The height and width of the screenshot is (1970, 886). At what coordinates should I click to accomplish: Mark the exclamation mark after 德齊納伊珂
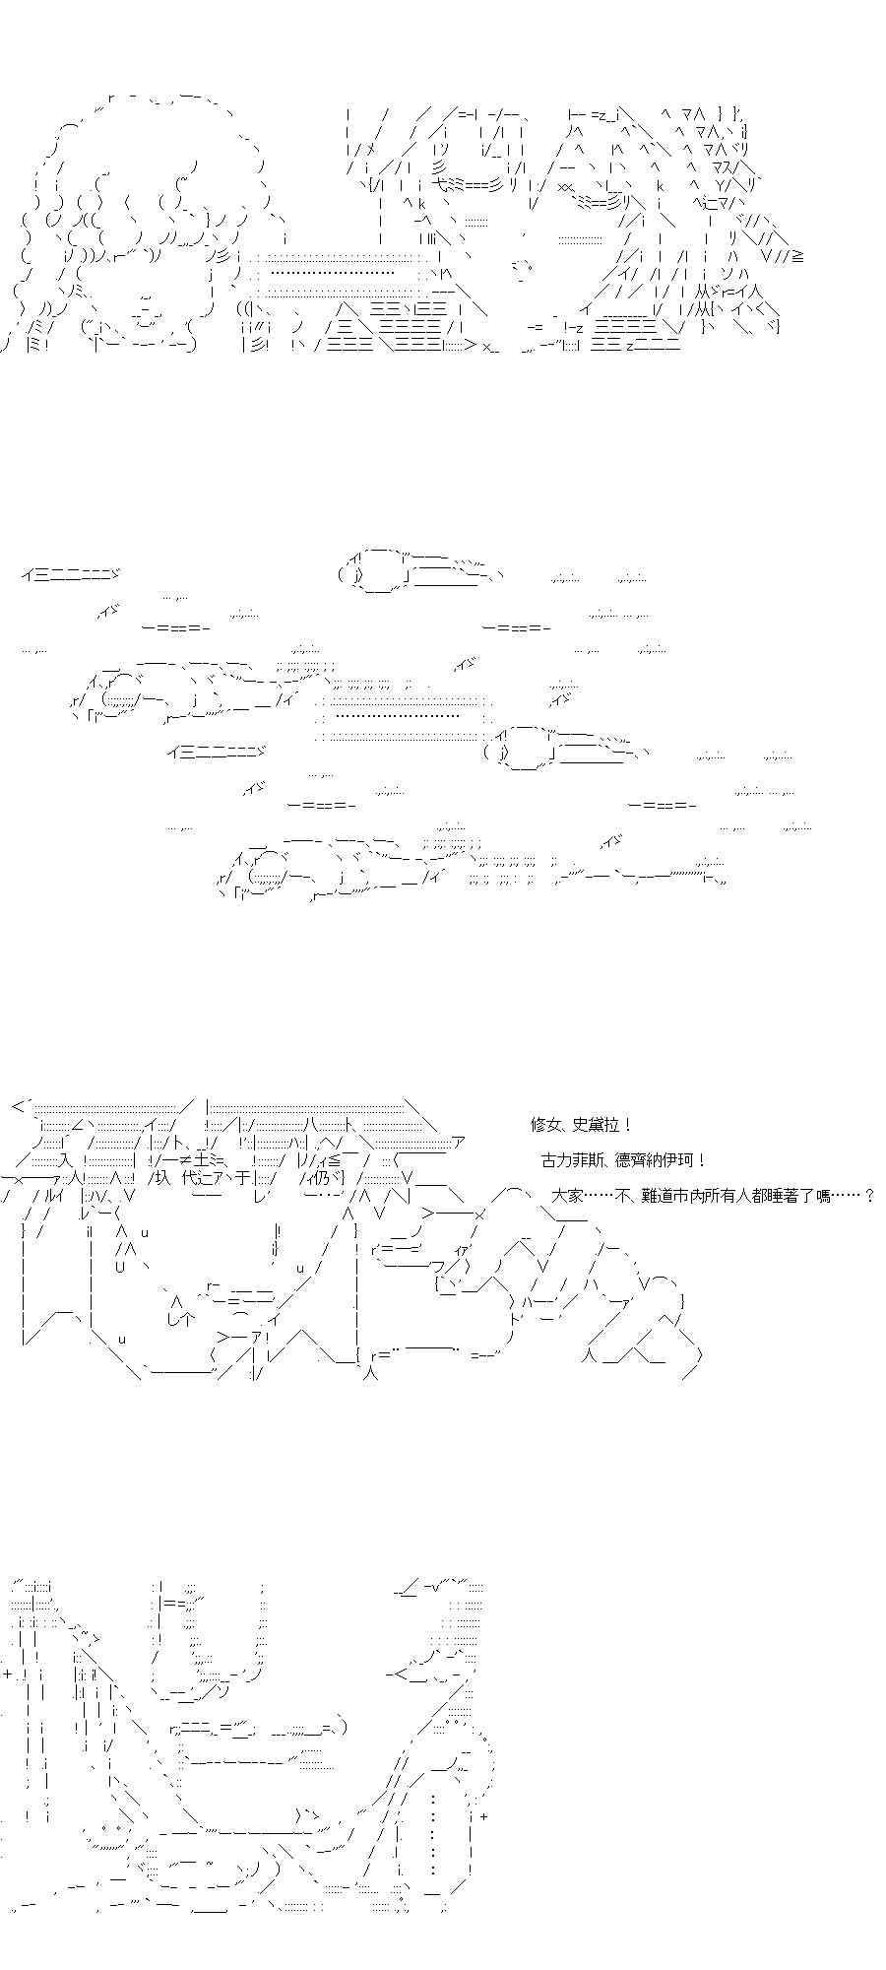pyautogui.click(x=699, y=1160)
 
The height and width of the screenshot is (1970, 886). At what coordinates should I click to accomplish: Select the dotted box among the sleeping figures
pyautogui.click(x=403, y=716)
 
